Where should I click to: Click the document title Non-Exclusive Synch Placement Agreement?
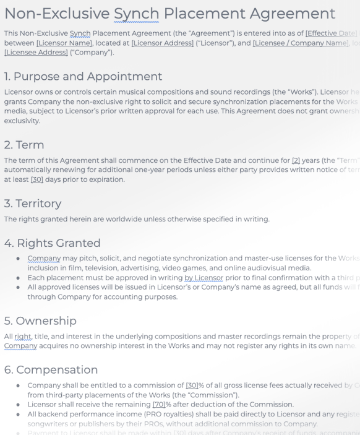pos(169,13)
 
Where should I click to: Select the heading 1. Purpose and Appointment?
pos(83,76)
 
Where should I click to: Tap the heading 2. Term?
pos(24,145)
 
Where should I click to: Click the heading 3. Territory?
pos(33,203)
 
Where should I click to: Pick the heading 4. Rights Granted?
pos(52,243)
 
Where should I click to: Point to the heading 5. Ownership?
pos(40,321)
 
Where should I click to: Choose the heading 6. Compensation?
pos(51,369)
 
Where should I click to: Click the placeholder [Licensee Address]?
pos(36,53)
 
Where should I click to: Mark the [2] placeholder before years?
pos(297,160)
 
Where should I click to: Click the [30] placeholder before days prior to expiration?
pos(36,179)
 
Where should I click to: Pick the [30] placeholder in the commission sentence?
pos(192,385)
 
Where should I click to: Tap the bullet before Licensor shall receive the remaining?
pos(18,405)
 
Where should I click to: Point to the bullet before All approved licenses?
pos(18,287)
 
